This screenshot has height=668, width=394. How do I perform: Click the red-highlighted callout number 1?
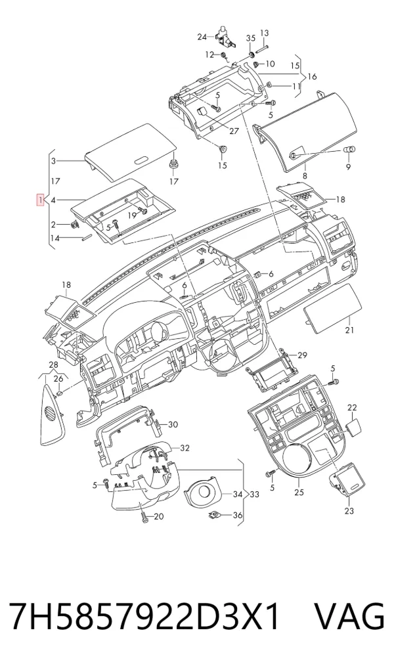[x=39, y=200]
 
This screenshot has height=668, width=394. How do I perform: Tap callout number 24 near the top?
[x=202, y=37]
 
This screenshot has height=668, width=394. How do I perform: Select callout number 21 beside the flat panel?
[x=350, y=330]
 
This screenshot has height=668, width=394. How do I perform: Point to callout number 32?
[x=185, y=448]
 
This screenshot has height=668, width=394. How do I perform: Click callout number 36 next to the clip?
[x=238, y=516]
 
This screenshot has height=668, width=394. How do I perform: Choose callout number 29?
[x=302, y=355]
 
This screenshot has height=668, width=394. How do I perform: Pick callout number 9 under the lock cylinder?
[x=349, y=167]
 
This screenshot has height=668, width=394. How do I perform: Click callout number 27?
[x=234, y=131]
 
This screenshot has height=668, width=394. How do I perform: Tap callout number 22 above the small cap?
[x=352, y=408]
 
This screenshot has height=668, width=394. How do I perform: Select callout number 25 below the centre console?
[x=299, y=493]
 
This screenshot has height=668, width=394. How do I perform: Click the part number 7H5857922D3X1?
[x=145, y=617]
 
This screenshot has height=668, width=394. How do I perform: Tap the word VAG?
[x=349, y=617]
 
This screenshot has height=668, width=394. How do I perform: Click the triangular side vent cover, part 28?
[x=53, y=415]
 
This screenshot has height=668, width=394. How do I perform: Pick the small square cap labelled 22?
[x=353, y=426]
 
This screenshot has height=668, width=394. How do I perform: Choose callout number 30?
[x=173, y=424]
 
